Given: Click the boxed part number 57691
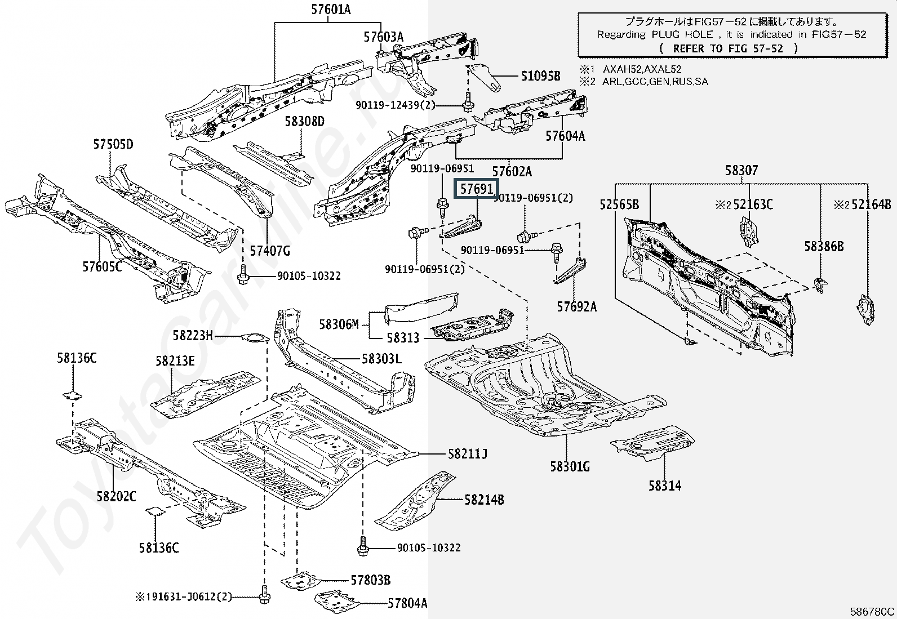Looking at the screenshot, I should coord(477,189).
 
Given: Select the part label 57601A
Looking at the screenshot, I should coord(330,10).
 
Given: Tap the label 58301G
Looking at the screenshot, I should coord(570,466).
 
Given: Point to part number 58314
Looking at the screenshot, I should coord(664,486).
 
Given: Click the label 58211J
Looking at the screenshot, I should coord(468,453).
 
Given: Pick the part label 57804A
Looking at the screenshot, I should coord(407,603).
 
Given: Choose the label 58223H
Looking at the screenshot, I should coord(193,336).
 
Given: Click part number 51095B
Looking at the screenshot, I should coord(541,76).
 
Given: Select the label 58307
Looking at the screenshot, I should coord(741,170).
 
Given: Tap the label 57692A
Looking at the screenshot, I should coord(576,306).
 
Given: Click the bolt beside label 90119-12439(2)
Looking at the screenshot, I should coord(468,105).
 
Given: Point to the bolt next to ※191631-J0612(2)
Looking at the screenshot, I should coord(264,596).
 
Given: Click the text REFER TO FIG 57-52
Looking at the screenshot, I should coord(728,48).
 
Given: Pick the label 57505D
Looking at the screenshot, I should coord(113,145).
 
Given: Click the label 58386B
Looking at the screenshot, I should coord(823,246).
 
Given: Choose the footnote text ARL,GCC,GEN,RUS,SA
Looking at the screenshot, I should coord(655,82).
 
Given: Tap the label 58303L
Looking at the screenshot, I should coord(381,359).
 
